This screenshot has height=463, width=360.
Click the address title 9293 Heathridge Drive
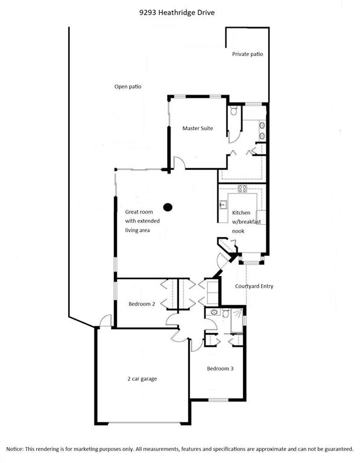177,13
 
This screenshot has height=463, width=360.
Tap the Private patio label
247,54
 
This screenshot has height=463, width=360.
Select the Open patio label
128,87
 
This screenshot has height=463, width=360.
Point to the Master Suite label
198,128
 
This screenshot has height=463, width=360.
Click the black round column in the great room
168,207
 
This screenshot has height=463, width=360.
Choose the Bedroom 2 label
142,304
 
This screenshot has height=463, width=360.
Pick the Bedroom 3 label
220,368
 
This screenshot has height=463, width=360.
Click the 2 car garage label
142,379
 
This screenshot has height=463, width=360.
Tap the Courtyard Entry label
254,286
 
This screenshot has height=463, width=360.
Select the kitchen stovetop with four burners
242,189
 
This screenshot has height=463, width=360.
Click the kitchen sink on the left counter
223,204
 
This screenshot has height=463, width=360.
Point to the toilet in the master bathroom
234,111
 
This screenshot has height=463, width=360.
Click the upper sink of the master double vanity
262,126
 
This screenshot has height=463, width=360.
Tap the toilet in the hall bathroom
226,313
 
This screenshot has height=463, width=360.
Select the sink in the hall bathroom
214,312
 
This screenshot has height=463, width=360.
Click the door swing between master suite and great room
179,163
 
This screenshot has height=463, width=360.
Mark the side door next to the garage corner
106,321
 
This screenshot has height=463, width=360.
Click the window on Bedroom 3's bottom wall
218,400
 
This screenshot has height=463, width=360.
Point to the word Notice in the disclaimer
14,449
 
